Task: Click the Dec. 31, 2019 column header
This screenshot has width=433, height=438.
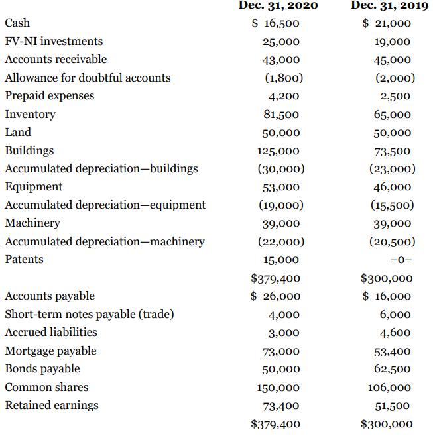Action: coord(381,5)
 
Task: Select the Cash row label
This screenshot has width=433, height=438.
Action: coord(17,23)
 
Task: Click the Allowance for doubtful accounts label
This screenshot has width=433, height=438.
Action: coord(88,78)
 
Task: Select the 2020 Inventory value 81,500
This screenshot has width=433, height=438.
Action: coord(281,115)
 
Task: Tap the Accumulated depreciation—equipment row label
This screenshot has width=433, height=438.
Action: coord(105,205)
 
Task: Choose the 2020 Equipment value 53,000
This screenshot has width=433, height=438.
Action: coord(281,188)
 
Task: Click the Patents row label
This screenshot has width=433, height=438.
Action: coord(24,259)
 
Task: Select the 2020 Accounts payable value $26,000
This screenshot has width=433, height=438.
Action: coord(276,296)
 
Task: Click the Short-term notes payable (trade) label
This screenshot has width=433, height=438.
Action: coord(89,314)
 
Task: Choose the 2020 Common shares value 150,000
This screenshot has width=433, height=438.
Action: coord(278,388)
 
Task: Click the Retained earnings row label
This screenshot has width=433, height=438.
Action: coord(51,405)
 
